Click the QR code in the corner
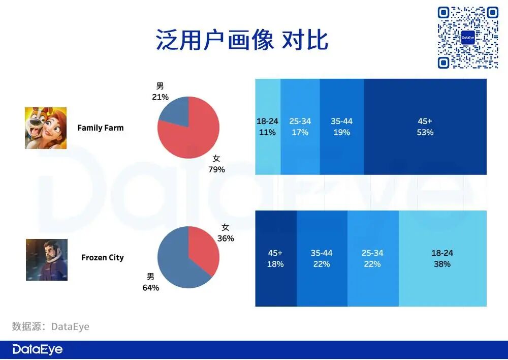click(468, 38)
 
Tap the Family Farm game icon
click(46, 128)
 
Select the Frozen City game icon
click(47, 259)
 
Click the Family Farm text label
click(100, 128)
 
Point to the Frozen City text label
click(102, 258)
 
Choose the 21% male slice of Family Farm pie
click(174, 109)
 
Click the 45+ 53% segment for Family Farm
click(425, 127)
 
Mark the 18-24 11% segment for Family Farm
click(268, 127)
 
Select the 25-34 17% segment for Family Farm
click(300, 127)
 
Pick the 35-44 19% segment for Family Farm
click(342, 127)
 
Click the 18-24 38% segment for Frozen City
click(442, 258)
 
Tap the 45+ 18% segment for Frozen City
click(276, 258)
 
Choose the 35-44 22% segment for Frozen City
click(322, 258)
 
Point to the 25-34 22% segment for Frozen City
click(373, 258)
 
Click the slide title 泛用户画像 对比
click(242, 40)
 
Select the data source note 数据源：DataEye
click(51, 326)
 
